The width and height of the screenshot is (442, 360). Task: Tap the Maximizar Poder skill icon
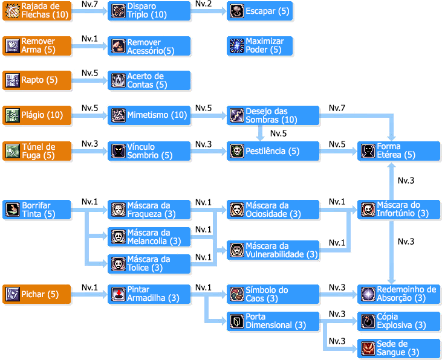point(236,46)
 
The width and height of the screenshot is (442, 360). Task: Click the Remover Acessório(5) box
point(149,46)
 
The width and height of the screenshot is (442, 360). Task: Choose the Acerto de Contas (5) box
point(149,80)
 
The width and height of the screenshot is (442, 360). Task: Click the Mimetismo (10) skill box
point(149,115)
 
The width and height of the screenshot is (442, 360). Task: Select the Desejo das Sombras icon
point(236,115)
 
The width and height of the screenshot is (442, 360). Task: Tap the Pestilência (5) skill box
point(273,151)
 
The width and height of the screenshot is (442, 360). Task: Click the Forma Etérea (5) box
point(398,151)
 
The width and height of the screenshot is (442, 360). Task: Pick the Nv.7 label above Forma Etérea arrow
point(337,108)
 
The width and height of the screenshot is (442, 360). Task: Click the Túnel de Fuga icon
point(13,151)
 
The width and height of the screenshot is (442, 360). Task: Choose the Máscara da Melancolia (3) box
point(149,237)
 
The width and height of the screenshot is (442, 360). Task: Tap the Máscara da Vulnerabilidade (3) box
point(273,250)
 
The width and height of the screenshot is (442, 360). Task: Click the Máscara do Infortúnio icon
point(368,210)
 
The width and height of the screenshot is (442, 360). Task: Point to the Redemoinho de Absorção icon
point(368,294)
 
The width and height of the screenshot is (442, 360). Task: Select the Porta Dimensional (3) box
point(273,321)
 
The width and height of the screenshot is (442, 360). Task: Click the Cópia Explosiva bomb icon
point(368,321)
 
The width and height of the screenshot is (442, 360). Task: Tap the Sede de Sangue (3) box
point(398,348)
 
